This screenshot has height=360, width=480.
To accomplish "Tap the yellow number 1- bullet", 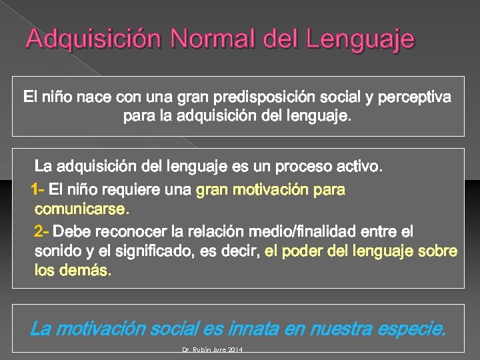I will [38, 190].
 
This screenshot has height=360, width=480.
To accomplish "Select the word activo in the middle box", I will [359, 165].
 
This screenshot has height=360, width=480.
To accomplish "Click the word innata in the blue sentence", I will [256, 329].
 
